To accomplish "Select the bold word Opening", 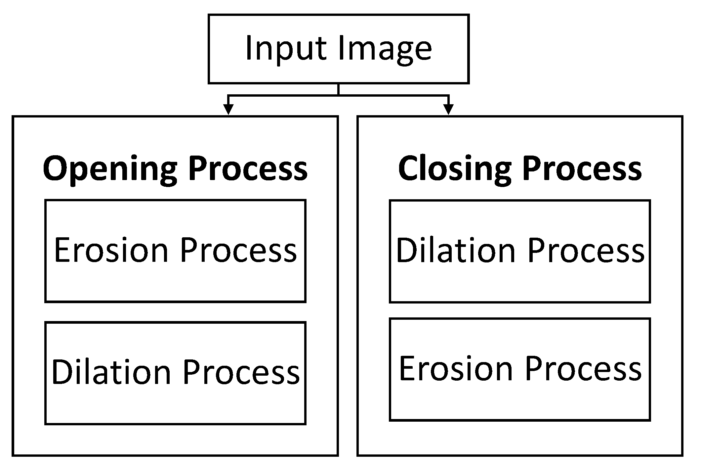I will point(110,169).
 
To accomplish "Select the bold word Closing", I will point(454,169).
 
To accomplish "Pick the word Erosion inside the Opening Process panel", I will point(111,250).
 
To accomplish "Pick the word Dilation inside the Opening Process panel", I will point(111,372).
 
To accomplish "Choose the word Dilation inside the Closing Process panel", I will point(456,251).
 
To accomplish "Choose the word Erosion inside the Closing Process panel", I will point(456,369).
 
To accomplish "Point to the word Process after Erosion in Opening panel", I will point(238,250).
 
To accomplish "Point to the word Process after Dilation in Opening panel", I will point(241,372).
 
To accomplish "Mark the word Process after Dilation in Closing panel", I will point(586,251).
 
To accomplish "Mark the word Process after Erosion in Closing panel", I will point(583,369).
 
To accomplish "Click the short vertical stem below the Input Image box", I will point(338,89).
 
